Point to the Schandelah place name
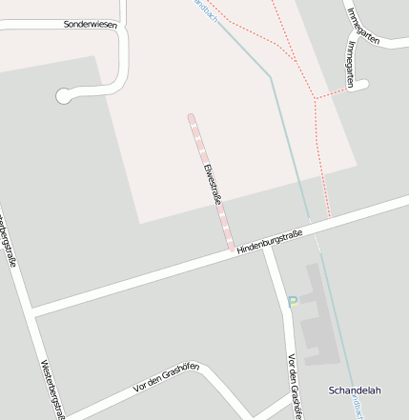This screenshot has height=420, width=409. [355, 390]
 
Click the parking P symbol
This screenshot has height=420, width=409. [293, 302]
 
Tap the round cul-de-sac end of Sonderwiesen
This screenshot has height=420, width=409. [65, 94]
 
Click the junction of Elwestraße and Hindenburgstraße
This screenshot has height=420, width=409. [233, 252]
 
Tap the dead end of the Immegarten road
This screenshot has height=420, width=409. [361, 85]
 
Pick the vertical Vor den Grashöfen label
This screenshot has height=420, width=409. [295, 385]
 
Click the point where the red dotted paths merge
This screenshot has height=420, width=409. [316, 97]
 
